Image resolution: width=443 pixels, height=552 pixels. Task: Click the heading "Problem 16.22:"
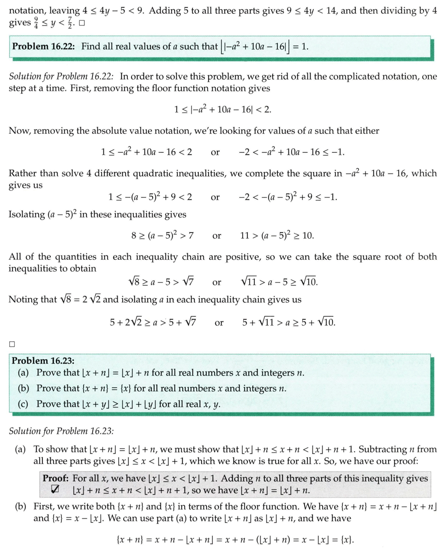pos(44,47)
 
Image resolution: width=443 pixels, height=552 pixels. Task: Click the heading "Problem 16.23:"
pos(43,360)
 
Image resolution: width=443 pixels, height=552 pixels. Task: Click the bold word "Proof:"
pos(56,478)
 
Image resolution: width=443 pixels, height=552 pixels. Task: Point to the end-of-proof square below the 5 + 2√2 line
pos(12,344)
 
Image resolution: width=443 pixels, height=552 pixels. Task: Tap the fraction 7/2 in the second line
pos(69,23)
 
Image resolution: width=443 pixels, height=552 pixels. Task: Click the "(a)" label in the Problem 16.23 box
pos(24,373)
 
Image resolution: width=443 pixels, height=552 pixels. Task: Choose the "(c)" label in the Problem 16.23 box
pos(24,404)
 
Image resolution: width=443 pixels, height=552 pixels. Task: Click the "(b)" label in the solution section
pos(21,507)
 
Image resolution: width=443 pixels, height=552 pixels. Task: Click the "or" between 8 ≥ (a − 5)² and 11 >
pos(216,236)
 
